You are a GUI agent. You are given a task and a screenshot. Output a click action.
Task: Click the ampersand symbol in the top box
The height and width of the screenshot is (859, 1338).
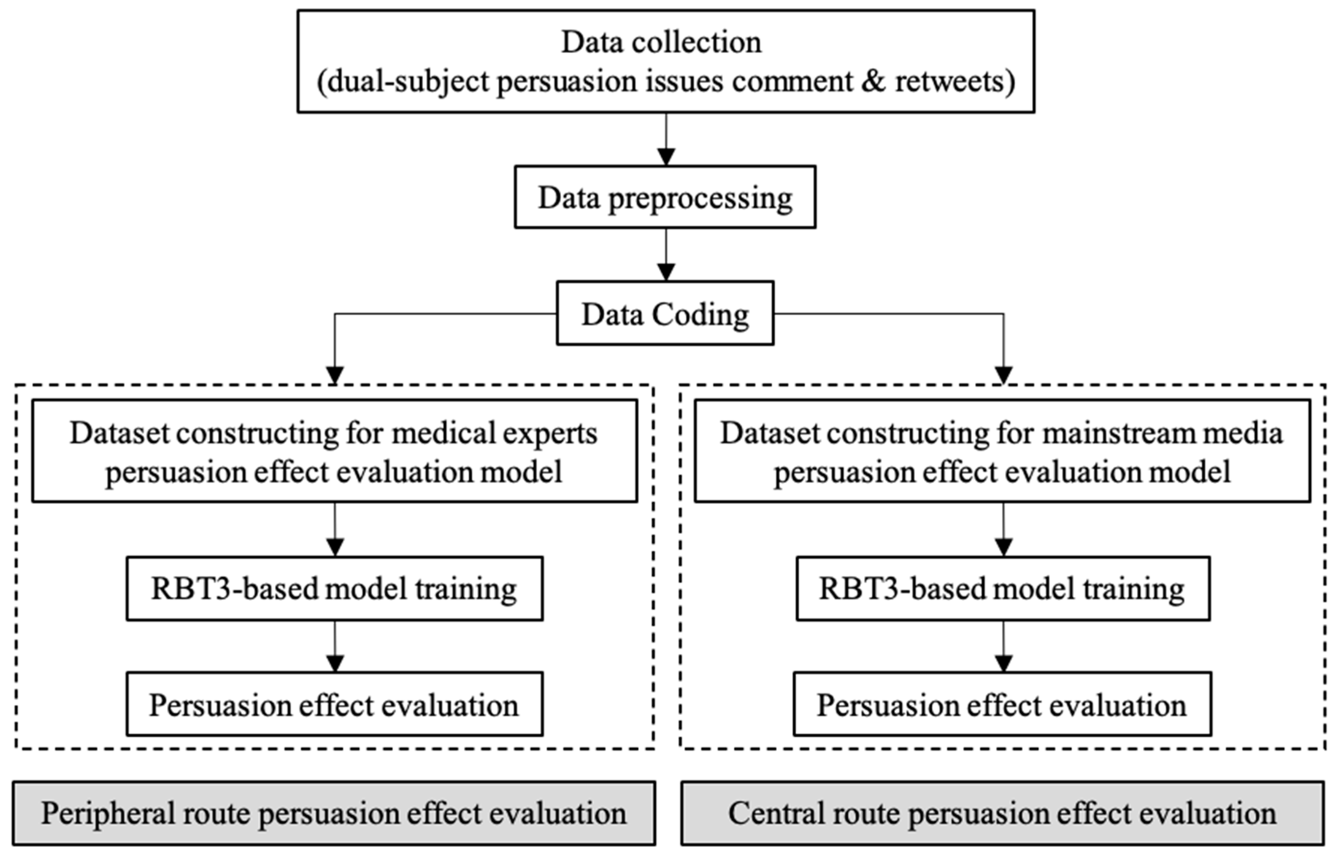tap(872, 81)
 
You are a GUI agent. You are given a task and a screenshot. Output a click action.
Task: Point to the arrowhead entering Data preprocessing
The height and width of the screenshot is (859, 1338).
tap(666, 157)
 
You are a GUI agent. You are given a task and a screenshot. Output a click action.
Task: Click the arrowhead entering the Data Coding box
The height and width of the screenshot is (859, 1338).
tap(666, 272)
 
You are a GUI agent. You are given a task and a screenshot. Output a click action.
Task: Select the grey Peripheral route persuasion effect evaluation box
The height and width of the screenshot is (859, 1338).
tap(334, 813)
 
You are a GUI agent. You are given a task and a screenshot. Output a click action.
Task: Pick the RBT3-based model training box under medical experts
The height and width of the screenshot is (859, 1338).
tap(334, 589)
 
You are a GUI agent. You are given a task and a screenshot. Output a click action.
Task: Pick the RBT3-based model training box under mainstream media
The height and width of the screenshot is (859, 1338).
tap(1003, 589)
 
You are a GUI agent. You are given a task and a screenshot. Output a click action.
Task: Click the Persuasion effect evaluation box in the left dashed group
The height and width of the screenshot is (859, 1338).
tap(334, 705)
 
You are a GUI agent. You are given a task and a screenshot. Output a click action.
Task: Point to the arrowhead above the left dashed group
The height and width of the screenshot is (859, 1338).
tap(335, 376)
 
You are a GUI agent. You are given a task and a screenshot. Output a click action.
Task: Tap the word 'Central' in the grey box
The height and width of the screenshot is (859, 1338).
tap(776, 813)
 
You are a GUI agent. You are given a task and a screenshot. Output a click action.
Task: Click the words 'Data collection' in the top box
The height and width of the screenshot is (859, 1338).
tap(661, 42)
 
